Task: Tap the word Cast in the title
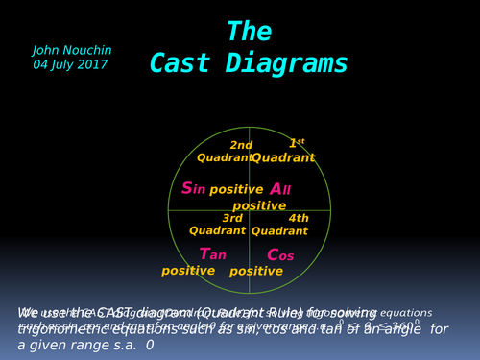click(184, 64)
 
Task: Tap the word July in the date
click(62, 64)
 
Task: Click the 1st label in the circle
click(297, 143)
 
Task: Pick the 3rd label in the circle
click(232, 218)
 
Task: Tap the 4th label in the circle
click(299, 218)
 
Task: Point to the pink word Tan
click(212, 253)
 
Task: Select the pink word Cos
click(279, 254)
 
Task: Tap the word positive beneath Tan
click(187, 271)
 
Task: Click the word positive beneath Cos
click(256, 271)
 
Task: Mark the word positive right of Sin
click(236, 189)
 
